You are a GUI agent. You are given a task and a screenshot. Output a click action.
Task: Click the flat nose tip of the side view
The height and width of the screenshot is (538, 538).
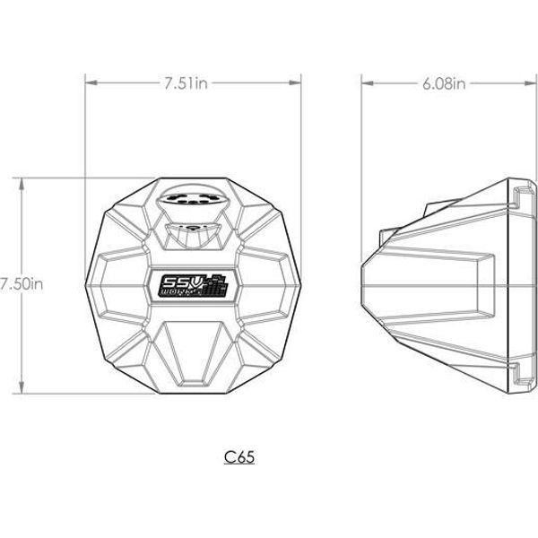363,282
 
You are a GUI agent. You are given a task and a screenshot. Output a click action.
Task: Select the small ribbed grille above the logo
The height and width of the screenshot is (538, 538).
193,237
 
